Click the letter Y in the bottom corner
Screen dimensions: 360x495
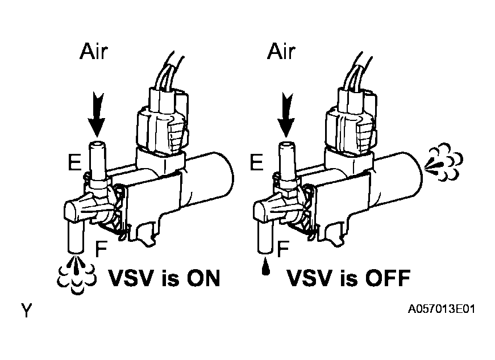pos(26,311)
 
